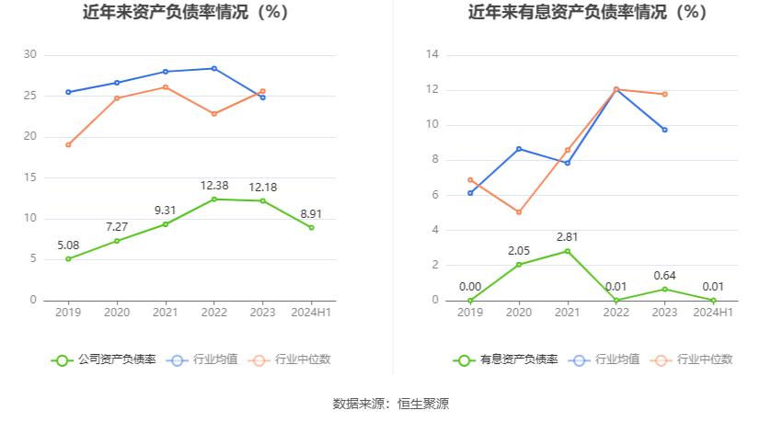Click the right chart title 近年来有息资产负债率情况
(587, 13)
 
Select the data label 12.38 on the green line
(213, 186)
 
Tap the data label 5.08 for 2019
(67, 245)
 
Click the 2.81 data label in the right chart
(567, 237)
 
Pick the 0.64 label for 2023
(665, 275)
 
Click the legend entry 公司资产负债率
(103, 359)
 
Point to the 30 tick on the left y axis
(30, 55)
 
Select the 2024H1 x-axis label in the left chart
(311, 313)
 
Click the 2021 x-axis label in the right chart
(567, 313)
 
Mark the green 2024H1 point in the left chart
(311, 227)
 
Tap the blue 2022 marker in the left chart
(213, 68)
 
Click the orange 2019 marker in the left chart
(68, 144)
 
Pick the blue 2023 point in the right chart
(664, 130)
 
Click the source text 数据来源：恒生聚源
(390, 404)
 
